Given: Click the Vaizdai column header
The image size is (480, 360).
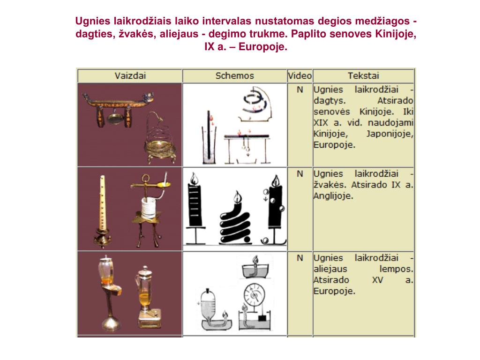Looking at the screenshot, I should click(129, 75).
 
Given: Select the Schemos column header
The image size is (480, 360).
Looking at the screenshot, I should click(234, 75).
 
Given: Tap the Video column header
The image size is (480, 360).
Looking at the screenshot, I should click(300, 75).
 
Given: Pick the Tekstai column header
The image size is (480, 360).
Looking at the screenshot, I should click(363, 75).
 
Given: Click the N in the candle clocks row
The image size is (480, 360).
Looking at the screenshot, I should click(300, 174).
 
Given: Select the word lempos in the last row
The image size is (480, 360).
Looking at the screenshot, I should click(396, 270).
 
